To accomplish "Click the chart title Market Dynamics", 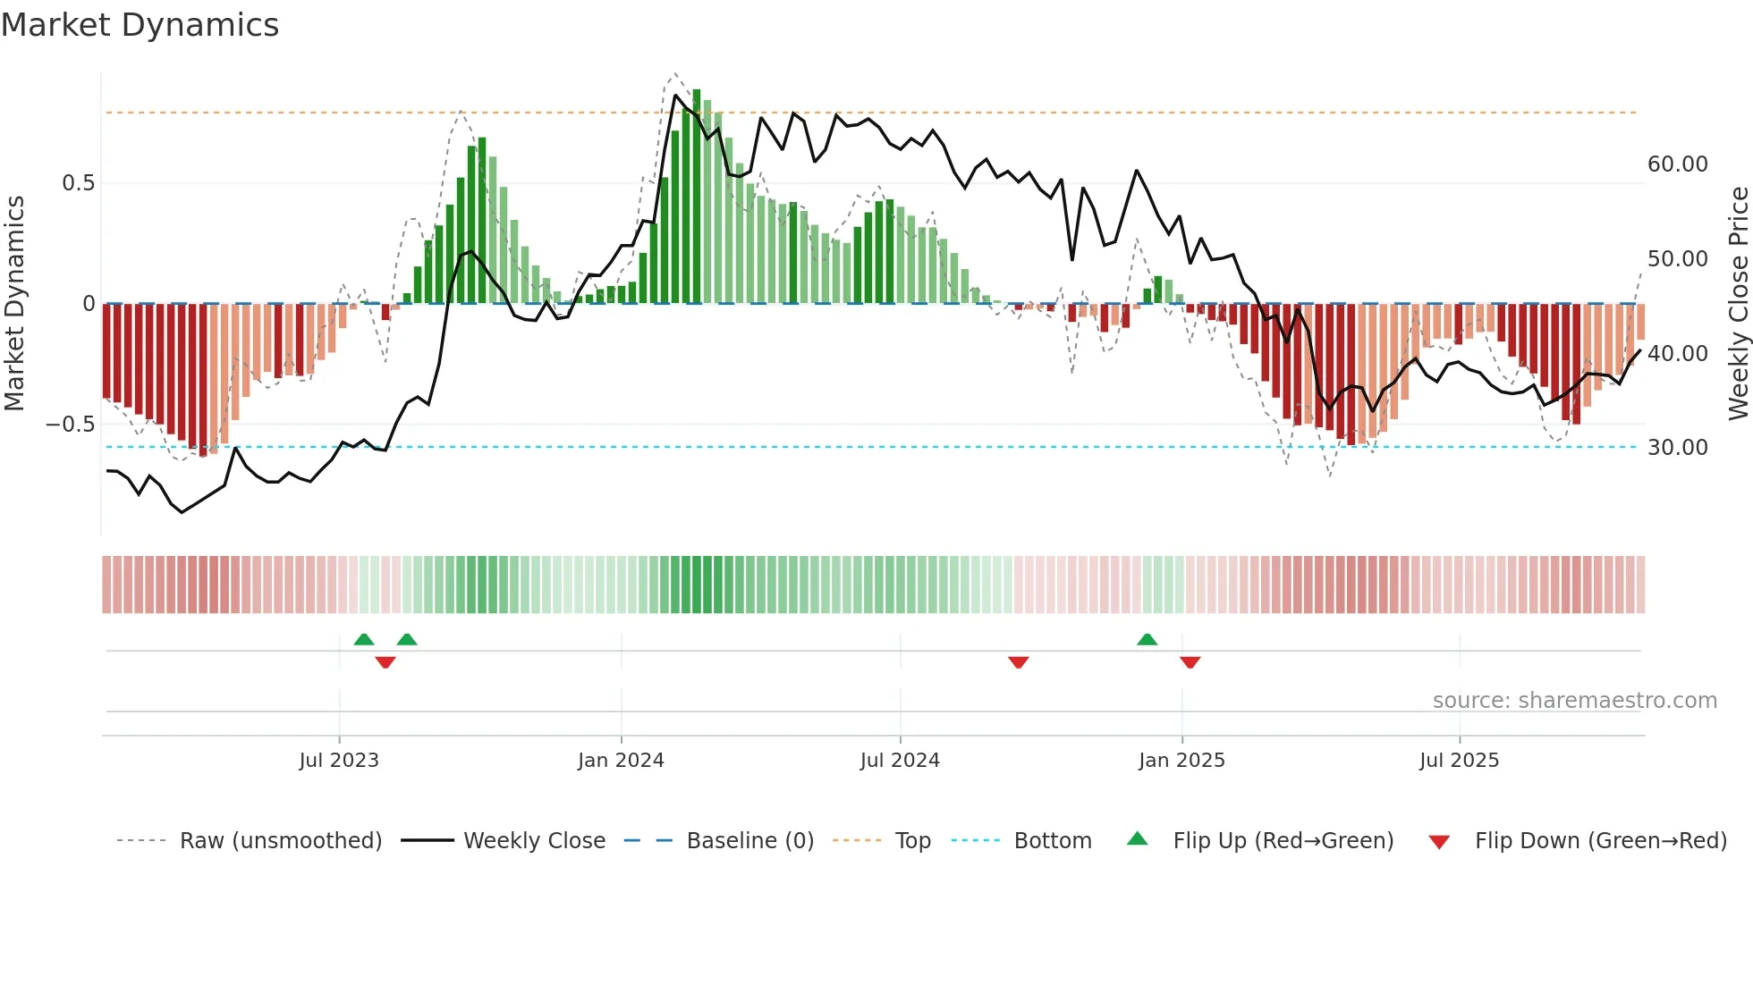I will (140, 25).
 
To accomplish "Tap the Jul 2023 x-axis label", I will (339, 761).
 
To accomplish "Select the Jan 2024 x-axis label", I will (621, 761).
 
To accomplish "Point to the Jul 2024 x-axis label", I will (900, 761).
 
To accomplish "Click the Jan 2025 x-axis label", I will (1181, 761).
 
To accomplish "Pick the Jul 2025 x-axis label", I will (1459, 761).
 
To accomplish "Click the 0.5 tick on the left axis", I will (78, 183).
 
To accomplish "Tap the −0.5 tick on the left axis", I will (70, 424).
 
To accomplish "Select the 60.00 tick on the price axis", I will (1677, 164).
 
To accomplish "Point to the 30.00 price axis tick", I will (1677, 448).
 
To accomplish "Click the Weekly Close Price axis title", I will (1738, 304).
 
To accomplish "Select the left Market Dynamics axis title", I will (14, 304).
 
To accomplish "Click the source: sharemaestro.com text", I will (1574, 701).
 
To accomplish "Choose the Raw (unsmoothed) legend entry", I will (280, 841).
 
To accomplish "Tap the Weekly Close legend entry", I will (534, 841).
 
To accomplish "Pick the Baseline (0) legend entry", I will (749, 841).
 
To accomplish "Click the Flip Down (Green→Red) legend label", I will (1600, 841).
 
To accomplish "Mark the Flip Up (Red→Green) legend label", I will (1283, 841).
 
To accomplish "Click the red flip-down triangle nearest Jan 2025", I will (1190, 662).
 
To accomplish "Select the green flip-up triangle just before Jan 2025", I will (1147, 639).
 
